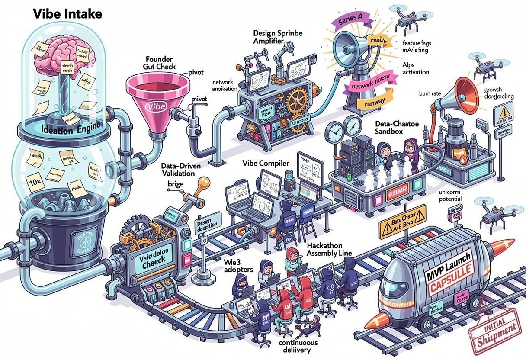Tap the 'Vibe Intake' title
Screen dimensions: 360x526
67,13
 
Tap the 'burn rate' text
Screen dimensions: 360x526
430,93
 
